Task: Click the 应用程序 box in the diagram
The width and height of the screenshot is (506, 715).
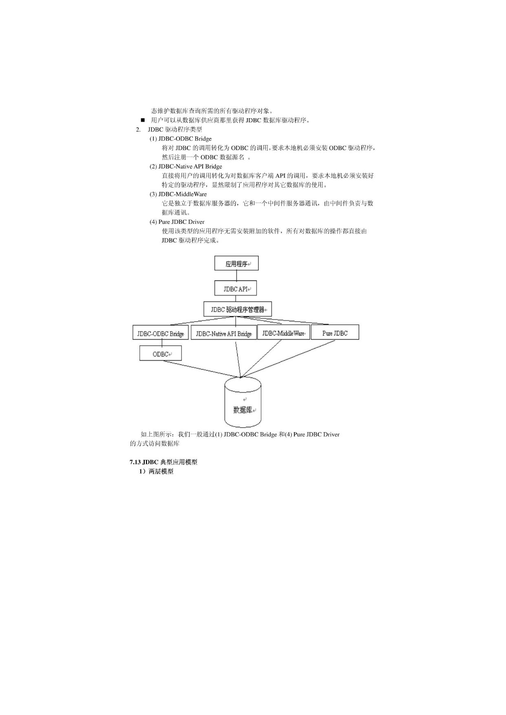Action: [236, 263]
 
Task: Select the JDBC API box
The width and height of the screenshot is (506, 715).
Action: [236, 288]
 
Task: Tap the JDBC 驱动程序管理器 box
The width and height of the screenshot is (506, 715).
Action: [238, 309]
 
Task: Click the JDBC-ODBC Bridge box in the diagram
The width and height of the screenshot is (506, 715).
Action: [161, 333]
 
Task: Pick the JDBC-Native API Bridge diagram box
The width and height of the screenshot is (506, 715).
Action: [224, 333]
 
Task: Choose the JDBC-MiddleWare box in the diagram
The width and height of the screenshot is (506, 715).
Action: [284, 333]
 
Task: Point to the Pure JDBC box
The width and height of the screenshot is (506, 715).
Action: [335, 333]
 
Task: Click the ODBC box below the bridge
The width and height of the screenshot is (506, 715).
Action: [161, 353]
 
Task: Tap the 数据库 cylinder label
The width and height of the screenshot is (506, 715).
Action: [243, 410]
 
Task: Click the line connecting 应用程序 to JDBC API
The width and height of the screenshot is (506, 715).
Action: [236, 276]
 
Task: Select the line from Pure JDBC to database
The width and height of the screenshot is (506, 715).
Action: [288, 359]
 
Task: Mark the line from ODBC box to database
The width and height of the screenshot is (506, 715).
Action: [202, 369]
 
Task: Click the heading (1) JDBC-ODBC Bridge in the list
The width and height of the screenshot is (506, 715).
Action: [181, 139]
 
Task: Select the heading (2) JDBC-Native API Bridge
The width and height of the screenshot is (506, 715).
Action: [186, 166]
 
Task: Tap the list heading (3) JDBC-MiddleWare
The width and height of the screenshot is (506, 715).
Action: [178, 194]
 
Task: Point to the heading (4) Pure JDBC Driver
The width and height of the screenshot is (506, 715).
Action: [177, 222]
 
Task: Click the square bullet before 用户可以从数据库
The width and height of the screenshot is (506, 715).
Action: [143, 120]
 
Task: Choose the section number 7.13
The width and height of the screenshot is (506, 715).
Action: [135, 462]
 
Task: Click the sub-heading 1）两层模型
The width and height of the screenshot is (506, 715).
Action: [156, 471]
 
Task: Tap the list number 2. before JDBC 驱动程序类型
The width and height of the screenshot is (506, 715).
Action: [138, 130]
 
